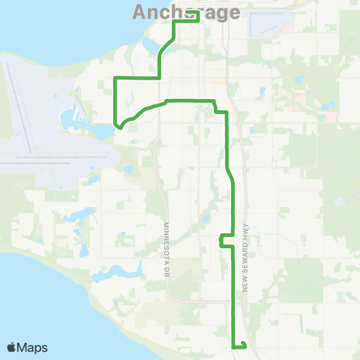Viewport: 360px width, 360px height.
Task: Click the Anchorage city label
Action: tap(186, 13)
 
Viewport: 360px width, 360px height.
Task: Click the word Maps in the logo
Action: tap(31, 347)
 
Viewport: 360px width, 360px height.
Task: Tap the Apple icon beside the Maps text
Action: tap(12, 346)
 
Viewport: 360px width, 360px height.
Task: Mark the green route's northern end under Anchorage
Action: tap(197, 21)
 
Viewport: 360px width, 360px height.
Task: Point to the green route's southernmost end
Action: tap(244, 346)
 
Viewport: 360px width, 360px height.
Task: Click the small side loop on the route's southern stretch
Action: tap(221, 240)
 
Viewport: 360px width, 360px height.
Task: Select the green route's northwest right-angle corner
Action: tap(114, 77)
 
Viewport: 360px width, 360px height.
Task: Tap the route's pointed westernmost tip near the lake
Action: tap(117, 127)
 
